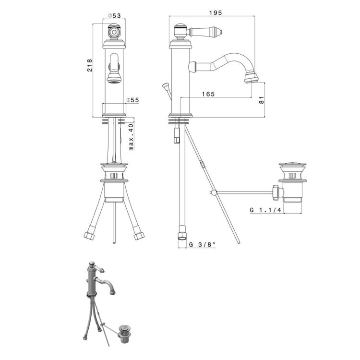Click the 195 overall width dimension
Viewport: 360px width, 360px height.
[216, 13]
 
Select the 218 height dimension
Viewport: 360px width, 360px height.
[90, 65]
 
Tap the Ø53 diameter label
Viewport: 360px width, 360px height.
[114, 16]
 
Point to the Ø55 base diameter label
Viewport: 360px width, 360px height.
[132, 100]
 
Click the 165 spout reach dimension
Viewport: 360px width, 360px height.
[208, 94]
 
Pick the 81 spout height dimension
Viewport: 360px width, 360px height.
[262, 100]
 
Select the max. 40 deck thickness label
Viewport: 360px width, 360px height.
[131, 137]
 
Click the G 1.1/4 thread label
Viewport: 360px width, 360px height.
[265, 210]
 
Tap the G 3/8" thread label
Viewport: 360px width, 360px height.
[202, 244]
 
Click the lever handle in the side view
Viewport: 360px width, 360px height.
[205, 31]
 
